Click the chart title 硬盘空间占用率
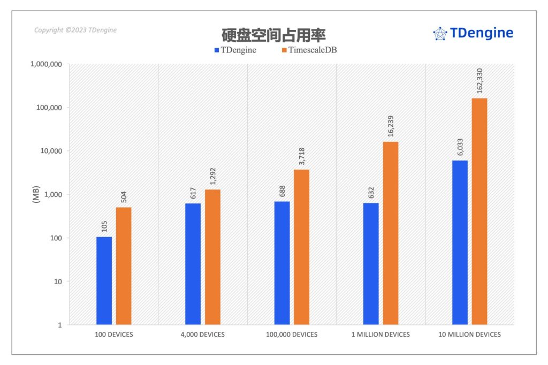274,35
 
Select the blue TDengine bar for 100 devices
104,280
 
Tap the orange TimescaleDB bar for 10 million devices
479,211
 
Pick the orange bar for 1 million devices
391,233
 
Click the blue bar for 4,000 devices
193,264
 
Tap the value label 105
104,226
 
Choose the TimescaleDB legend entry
309,50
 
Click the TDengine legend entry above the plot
235,50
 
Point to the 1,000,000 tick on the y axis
45,64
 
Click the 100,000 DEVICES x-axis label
292,334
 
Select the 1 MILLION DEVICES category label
380,334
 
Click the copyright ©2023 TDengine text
75,31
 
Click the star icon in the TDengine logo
440,34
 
